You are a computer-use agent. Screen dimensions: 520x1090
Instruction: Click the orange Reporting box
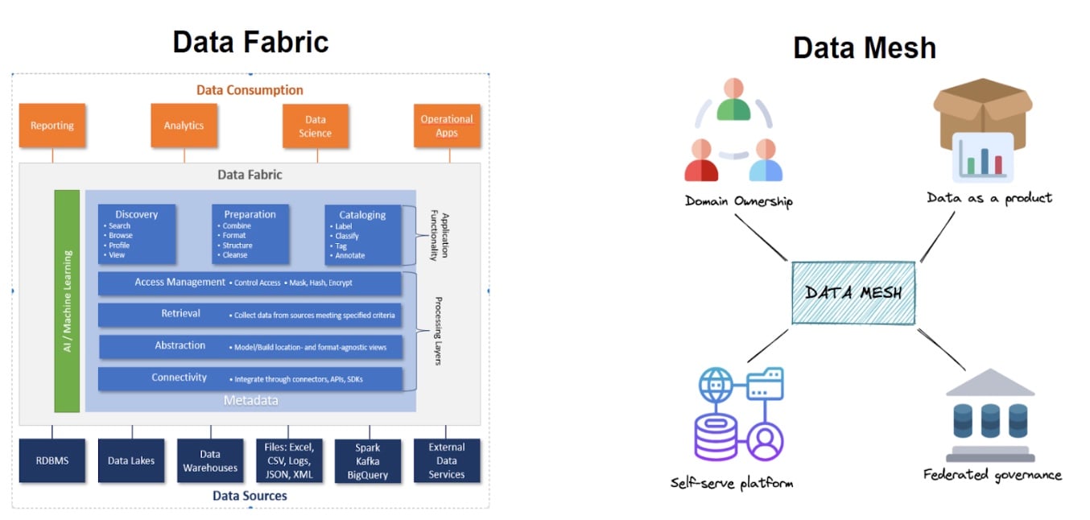coord(52,126)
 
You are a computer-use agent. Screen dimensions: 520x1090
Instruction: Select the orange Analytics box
coord(184,126)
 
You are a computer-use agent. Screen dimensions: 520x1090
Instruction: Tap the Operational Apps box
coord(447,126)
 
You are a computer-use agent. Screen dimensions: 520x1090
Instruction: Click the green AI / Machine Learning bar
coord(67,300)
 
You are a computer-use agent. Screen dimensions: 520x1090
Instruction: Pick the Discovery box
coord(137,233)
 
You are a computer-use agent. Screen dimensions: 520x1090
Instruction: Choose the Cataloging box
coord(363,234)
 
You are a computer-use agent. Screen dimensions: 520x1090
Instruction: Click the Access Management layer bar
coord(250,283)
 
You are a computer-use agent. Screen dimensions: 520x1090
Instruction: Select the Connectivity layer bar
coord(250,378)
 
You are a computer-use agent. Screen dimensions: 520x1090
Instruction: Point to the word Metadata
coord(250,400)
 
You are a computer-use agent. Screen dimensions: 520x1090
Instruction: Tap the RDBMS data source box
coord(52,460)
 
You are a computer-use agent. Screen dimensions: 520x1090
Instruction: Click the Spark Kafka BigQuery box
coord(368,460)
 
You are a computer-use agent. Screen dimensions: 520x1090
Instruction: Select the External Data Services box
coord(447,460)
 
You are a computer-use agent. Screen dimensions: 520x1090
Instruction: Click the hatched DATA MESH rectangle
coord(853,293)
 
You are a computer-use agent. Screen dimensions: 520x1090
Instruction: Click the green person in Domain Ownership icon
coord(733,101)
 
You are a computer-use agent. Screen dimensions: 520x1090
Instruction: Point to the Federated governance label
coord(992,474)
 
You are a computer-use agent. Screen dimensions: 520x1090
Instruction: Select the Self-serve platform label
coord(732,482)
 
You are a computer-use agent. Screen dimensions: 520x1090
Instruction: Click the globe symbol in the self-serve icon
coord(714,385)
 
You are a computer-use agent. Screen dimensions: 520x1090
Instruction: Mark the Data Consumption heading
coord(250,90)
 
